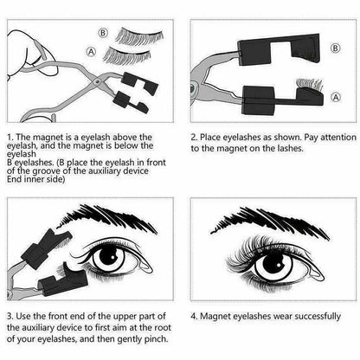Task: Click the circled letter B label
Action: [104, 35]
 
